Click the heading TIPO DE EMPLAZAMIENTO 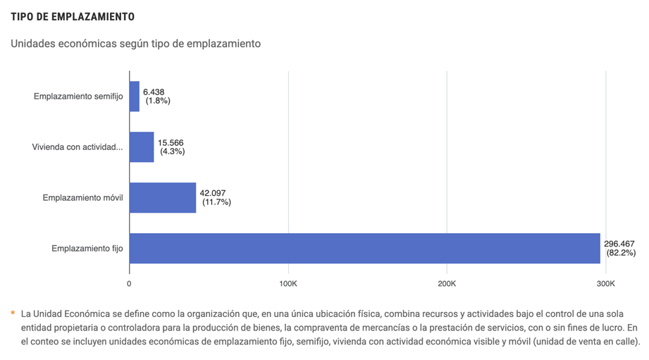pos(73,16)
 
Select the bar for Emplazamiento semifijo pos(135,97)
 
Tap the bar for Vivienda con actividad pos(142,147)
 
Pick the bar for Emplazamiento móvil pos(163,198)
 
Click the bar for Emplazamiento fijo pos(364,249)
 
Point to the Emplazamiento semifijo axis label pos(78,97)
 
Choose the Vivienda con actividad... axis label pos(78,147)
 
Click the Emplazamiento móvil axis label pos(82,198)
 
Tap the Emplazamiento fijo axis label pos(87,249)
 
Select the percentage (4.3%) pos(173,151)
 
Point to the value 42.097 pos(213,193)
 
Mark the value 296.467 pos(620,244)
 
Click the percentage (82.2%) pos(621,253)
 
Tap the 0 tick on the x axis pos(129,283)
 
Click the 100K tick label pos(288,283)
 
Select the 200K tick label pos(447,283)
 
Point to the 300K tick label pos(605,283)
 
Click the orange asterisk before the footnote pos(13,313)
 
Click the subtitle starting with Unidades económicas pos(136,44)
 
